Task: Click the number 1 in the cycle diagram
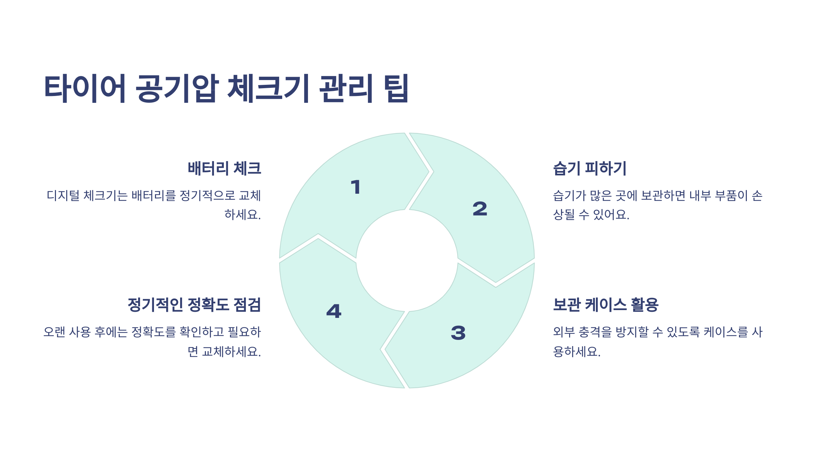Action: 356,187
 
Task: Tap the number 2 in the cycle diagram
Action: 480,209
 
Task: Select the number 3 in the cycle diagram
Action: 458,332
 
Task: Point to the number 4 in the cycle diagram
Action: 334,311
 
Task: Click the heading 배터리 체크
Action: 225,168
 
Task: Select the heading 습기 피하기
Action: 589,168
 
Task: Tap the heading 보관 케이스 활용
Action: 606,305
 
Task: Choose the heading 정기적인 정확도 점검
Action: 194,305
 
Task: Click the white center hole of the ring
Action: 407,261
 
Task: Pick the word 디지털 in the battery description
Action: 63,196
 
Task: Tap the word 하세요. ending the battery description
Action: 243,214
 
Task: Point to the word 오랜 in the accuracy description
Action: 54,332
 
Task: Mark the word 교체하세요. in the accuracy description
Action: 231,351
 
